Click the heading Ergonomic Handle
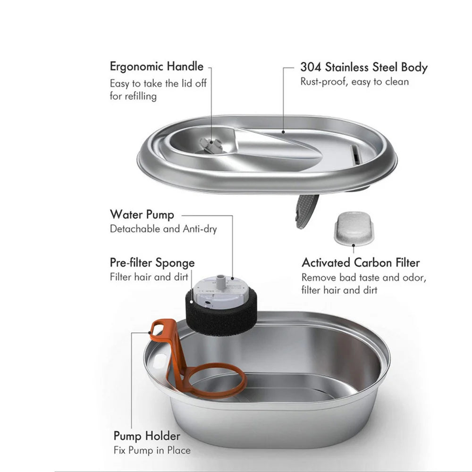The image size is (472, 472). [156, 67]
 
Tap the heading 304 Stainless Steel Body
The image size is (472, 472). [363, 67]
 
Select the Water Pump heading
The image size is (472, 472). [142, 214]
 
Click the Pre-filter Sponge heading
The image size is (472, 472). [152, 262]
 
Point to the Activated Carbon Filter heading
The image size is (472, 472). [361, 262]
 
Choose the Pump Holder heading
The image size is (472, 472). [147, 436]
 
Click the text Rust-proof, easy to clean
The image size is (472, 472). [354, 82]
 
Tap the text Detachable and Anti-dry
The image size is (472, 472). [163, 229]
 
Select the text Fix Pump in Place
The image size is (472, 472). [152, 450]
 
